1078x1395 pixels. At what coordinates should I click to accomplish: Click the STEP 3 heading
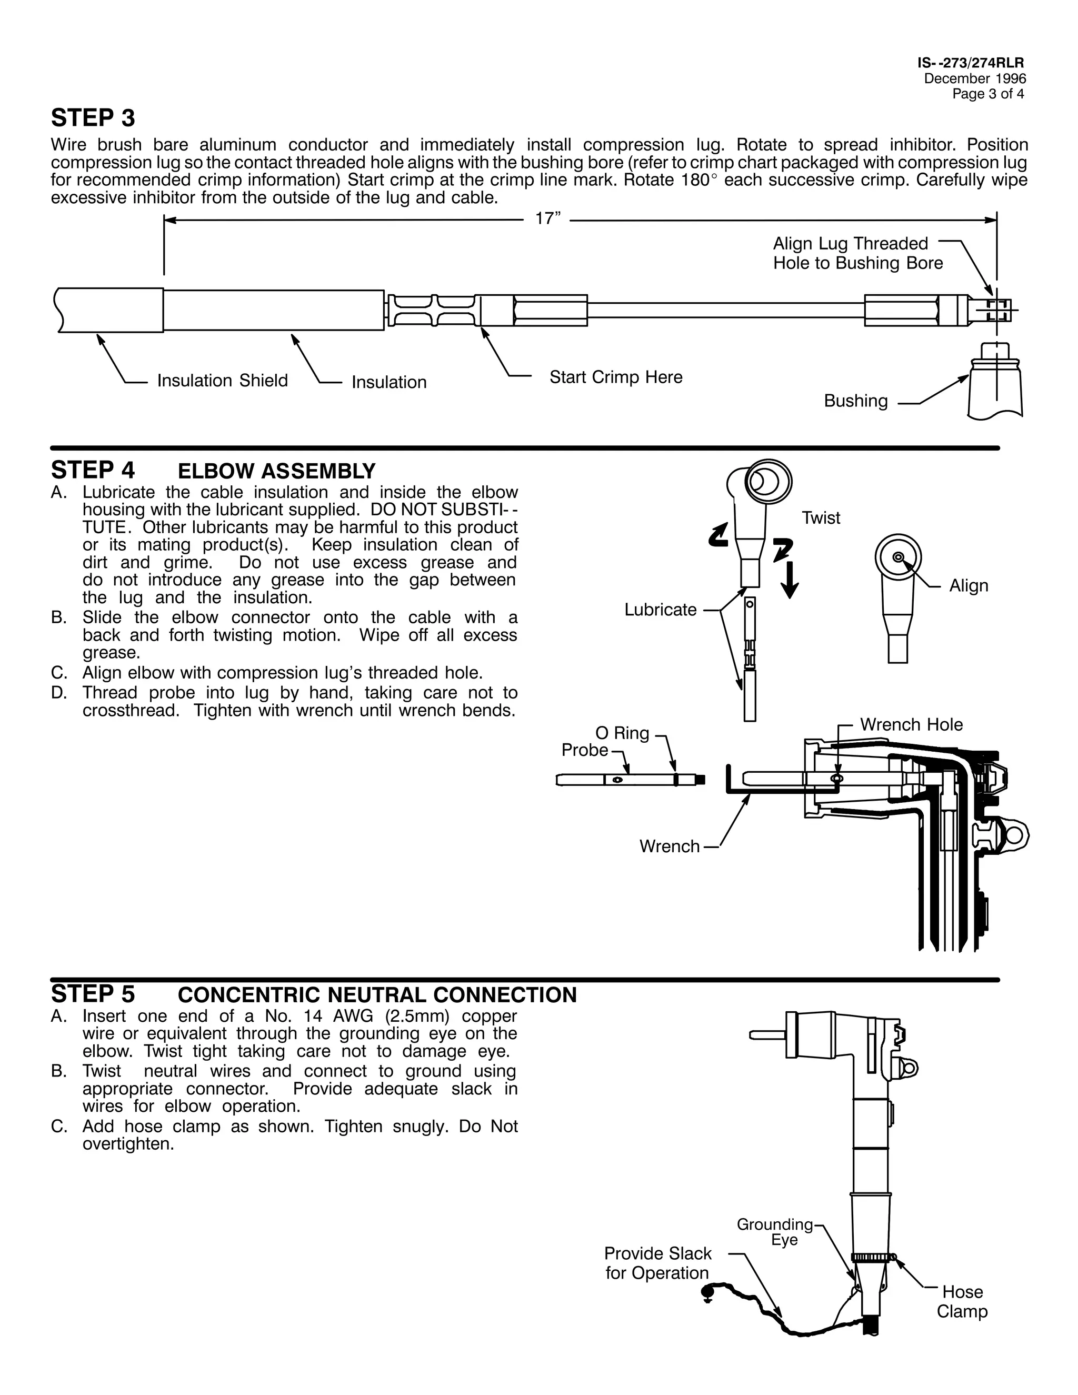click(93, 118)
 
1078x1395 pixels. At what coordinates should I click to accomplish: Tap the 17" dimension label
click(547, 219)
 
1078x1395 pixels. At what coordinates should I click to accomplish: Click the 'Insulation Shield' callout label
click(222, 381)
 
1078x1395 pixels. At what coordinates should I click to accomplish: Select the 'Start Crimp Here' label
click(616, 377)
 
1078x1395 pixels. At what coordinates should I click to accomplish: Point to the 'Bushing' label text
click(856, 401)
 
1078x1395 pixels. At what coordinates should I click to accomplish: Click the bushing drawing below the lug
click(995, 383)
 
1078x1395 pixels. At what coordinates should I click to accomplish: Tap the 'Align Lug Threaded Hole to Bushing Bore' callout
click(857, 254)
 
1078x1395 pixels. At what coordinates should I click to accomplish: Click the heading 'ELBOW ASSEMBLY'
click(276, 471)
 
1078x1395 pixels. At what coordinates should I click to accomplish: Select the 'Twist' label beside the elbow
click(821, 518)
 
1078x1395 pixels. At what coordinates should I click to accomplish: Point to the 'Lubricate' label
click(661, 610)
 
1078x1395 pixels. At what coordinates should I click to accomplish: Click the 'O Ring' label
click(622, 733)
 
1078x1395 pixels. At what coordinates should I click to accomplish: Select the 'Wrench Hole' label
click(911, 725)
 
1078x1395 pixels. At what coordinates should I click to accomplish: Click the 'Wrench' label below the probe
click(670, 847)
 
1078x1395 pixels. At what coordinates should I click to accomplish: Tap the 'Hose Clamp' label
click(962, 1302)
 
